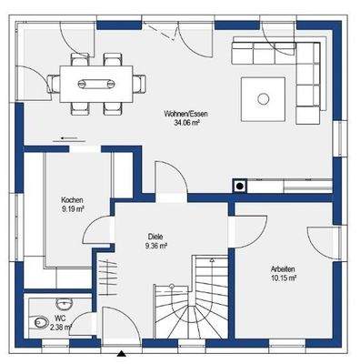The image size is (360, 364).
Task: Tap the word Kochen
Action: coord(73,199)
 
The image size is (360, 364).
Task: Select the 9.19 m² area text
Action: coord(73,207)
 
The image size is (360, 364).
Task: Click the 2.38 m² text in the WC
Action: coord(61,327)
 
